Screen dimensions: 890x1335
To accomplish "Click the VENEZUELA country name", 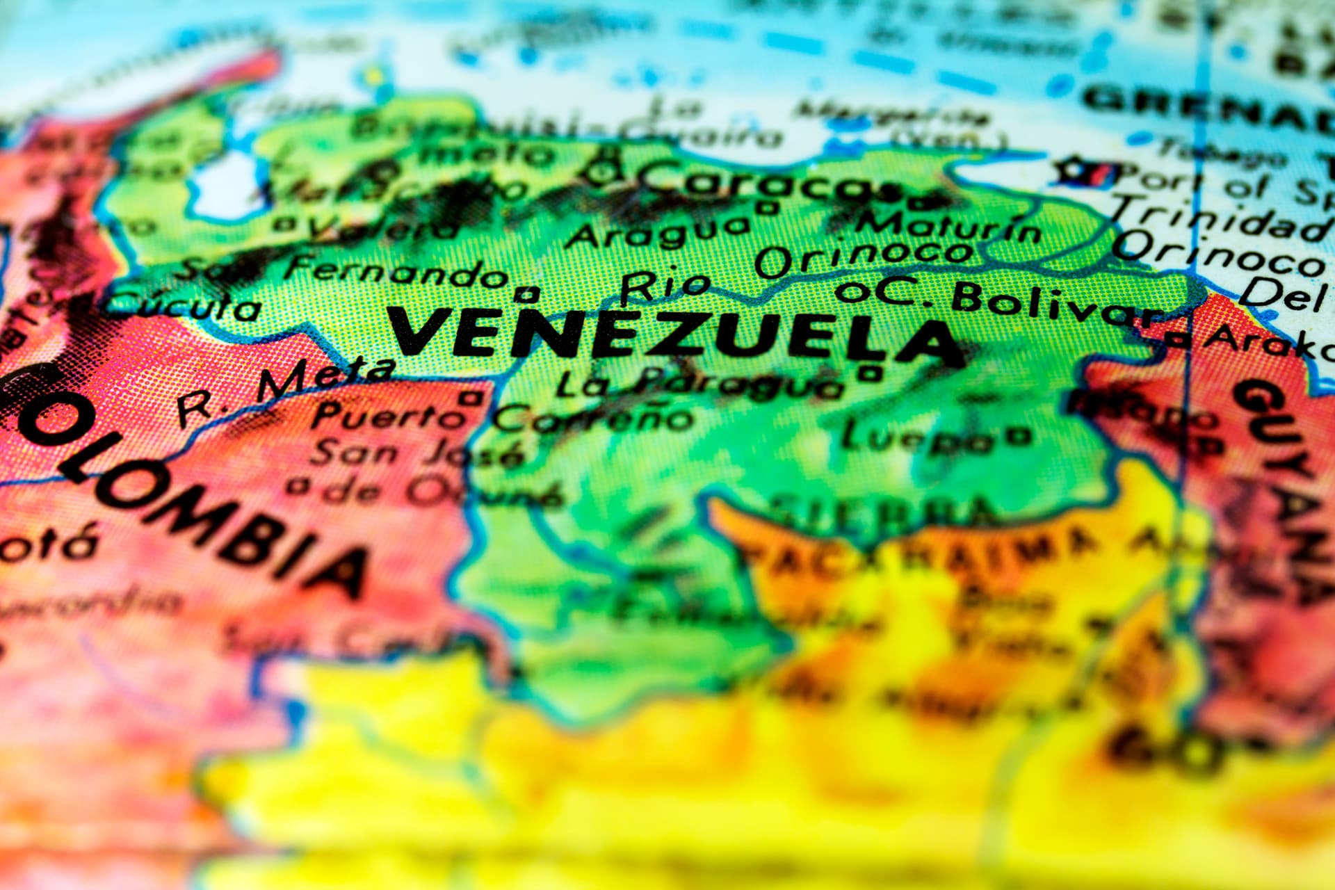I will [x=674, y=337].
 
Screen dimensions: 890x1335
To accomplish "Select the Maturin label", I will [x=949, y=227].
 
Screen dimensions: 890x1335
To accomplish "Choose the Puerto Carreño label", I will [x=501, y=418].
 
